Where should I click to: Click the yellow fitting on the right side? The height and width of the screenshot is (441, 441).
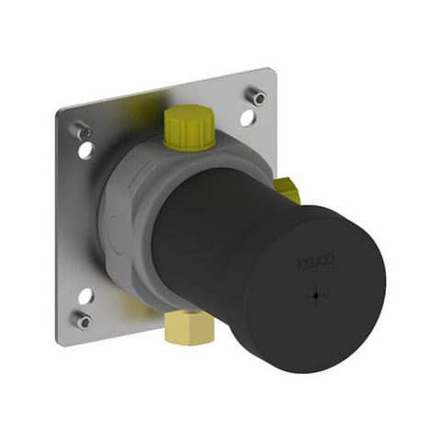[x=289, y=191]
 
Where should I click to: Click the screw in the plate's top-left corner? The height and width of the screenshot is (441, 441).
[x=85, y=131]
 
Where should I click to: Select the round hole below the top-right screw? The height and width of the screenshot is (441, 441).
[x=245, y=119]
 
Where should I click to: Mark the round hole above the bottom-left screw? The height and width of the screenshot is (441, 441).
[x=86, y=295]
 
